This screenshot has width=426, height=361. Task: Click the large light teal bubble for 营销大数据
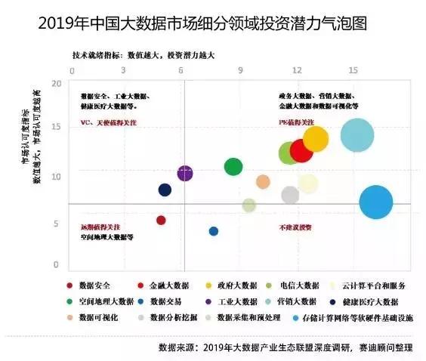[x=357, y=136]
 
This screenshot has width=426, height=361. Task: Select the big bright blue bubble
[x=376, y=202]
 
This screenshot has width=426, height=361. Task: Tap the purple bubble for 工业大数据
[x=185, y=174]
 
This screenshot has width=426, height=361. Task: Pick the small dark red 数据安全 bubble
[x=161, y=220]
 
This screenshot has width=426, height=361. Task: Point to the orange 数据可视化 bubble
[x=263, y=181]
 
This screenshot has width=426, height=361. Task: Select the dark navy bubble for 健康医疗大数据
[x=165, y=190]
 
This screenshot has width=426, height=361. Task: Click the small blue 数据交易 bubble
[x=214, y=231]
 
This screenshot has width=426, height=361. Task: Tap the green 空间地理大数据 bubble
[x=234, y=166]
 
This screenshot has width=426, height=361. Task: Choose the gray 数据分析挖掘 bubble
[x=290, y=195]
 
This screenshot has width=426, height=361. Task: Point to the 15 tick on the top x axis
[x=353, y=69]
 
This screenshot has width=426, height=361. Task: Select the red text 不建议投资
[x=295, y=226]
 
